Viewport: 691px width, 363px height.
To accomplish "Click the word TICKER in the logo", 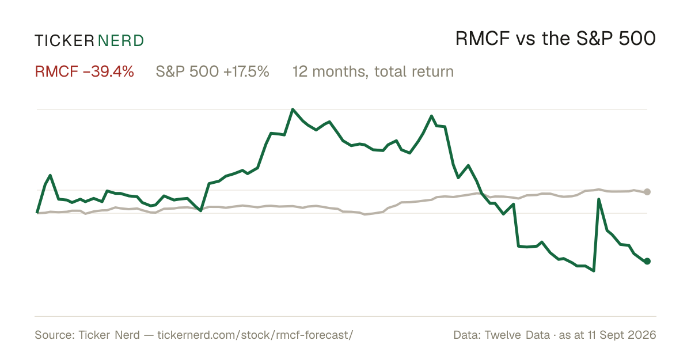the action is [x=64, y=41].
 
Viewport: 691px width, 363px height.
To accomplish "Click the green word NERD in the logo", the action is [x=120, y=41].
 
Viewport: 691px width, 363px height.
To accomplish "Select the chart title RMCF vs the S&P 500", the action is [x=556, y=39].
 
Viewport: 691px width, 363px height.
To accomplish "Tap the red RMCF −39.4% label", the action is [x=84, y=71].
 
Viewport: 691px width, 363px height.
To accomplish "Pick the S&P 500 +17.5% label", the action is [x=212, y=71].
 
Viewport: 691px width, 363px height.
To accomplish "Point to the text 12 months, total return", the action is [x=373, y=71].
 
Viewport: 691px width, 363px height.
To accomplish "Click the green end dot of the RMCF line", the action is [x=647, y=261].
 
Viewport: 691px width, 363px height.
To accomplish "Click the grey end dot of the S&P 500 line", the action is [x=647, y=192].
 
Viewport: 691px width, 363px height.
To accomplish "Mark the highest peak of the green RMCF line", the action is [x=293, y=109].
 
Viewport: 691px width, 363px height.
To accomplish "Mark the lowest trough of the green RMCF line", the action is [x=594, y=271].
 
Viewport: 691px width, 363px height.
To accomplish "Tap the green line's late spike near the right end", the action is [x=599, y=199].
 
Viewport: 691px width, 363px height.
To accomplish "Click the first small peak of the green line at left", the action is [x=50, y=175].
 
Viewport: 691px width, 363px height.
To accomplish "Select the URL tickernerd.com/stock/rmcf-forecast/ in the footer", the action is [x=255, y=335].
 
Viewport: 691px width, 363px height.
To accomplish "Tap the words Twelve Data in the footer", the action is [x=517, y=335].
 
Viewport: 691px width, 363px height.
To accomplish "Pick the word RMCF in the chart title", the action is [x=483, y=39].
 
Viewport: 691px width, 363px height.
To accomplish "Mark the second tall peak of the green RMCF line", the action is [x=431, y=116].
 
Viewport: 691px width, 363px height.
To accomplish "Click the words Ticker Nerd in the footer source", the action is [x=109, y=335].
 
